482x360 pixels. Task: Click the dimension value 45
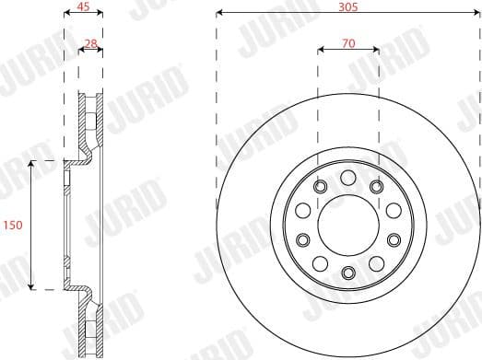(83, 7)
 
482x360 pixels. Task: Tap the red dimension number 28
(90, 42)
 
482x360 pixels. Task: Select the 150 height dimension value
(13, 225)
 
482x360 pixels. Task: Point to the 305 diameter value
(347, 6)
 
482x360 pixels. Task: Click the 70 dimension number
(347, 41)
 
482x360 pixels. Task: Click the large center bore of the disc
(347, 225)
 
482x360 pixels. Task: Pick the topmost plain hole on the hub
(347, 178)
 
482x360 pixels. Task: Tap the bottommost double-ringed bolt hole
(347, 272)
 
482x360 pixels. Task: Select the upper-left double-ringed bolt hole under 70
(320, 187)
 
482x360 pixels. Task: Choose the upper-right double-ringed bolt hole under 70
(376, 187)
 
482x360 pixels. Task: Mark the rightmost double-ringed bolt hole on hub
(394, 240)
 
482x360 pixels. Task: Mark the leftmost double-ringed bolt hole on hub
(302, 240)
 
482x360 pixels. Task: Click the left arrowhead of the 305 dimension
(219, 14)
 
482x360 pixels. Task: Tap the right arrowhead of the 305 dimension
(476, 14)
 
